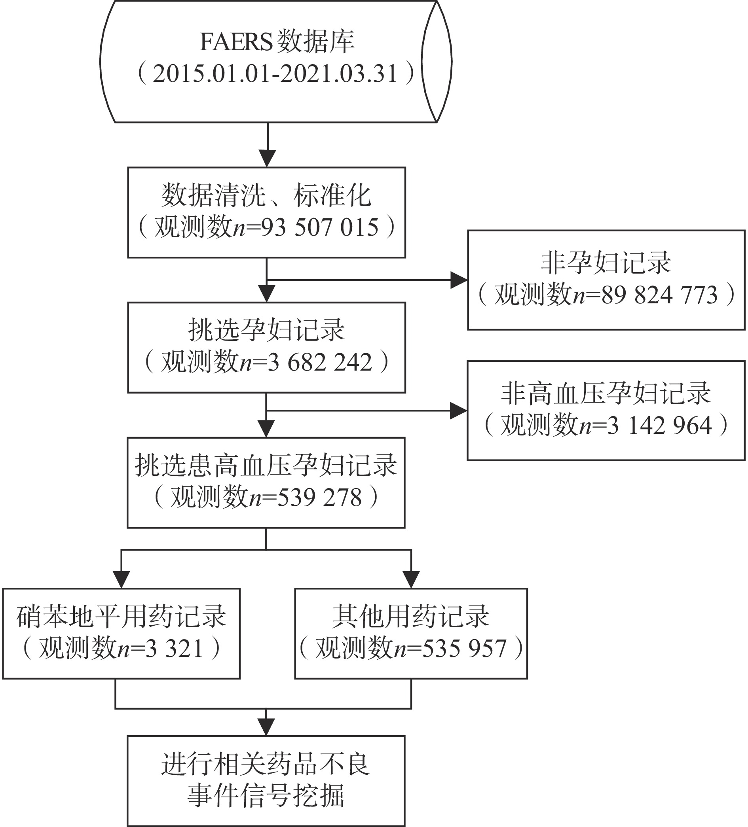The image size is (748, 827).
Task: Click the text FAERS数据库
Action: [x=277, y=42]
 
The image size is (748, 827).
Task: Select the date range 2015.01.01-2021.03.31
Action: [x=275, y=74]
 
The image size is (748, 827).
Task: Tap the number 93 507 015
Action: [x=319, y=227]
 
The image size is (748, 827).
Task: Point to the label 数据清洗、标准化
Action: [x=266, y=195]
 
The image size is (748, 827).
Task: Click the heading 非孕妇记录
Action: [x=606, y=263]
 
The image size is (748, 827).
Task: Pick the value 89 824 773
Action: [x=659, y=295]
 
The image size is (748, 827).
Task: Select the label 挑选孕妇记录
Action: [x=266, y=330]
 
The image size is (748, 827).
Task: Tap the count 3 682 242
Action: [x=319, y=362]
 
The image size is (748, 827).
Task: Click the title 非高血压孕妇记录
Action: [x=606, y=393]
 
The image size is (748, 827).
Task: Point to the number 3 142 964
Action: [x=659, y=425]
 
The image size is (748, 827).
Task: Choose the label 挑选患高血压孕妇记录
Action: [x=266, y=465]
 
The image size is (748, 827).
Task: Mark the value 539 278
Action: [x=319, y=497]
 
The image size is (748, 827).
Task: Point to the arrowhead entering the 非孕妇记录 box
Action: [x=459, y=280]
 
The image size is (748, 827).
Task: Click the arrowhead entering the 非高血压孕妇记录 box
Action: [x=459, y=411]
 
